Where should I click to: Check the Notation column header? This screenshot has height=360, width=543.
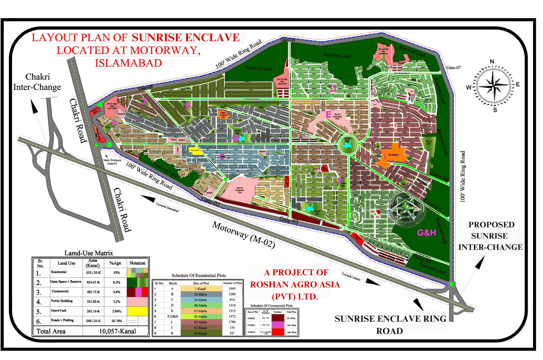[x=142, y=264]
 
